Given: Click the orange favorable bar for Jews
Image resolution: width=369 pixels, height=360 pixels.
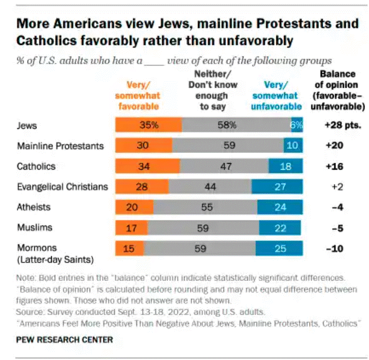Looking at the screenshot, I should point(148,125).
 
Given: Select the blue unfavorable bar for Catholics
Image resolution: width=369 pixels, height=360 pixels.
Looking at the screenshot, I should point(285,166).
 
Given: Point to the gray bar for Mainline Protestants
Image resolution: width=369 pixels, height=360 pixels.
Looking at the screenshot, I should point(228,146).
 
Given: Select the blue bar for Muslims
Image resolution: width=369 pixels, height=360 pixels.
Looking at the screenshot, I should point(280,228).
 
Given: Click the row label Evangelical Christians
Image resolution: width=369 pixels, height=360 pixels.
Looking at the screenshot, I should point(63,187).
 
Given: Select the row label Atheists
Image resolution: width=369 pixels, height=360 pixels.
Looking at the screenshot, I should point(34,208).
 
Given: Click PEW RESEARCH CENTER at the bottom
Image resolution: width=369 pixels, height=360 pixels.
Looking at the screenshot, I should point(65,339).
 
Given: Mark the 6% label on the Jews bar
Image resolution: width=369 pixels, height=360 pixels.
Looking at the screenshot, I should point(296,125).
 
